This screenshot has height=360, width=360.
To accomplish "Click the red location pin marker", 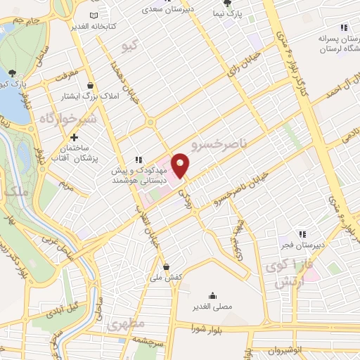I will [x=181, y=165].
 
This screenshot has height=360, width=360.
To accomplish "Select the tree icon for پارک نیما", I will [x=226, y=4].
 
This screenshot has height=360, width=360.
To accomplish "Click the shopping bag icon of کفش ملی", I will [x=166, y=266].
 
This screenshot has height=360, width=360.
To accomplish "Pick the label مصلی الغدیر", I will [x=212, y=307].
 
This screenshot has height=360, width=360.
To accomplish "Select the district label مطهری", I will [x=127, y=325].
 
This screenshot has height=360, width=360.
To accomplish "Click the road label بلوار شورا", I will [x=210, y=328].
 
